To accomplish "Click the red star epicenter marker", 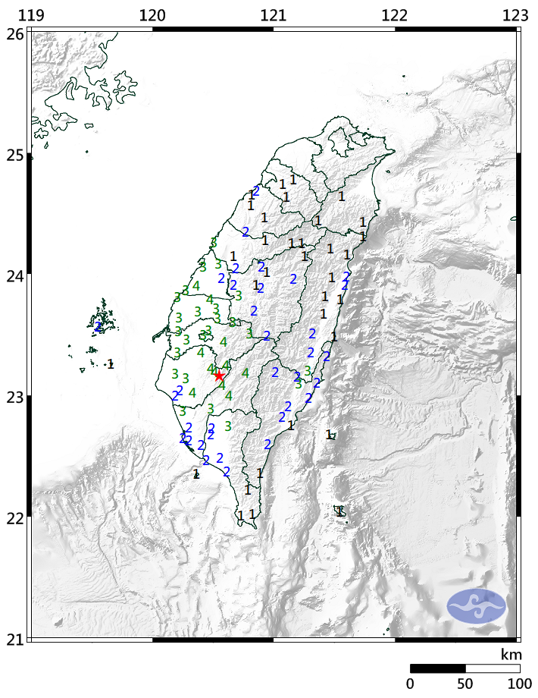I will click(219, 376).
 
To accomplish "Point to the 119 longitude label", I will click(31, 16).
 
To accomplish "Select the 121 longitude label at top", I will click(273, 16).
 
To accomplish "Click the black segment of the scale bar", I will click(437, 668).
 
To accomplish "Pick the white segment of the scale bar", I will click(493, 668).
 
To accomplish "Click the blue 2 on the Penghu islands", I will click(99, 327).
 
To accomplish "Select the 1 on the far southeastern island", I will click(340, 511).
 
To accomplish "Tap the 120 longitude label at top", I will click(152, 16).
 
